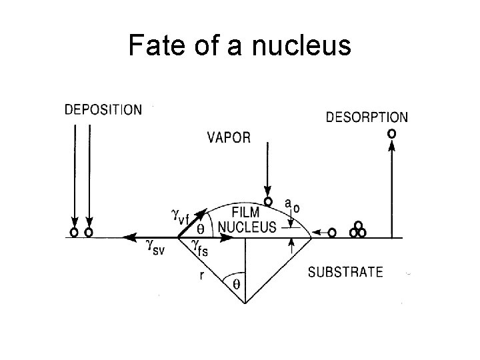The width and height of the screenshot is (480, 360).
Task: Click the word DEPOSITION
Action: (x=103, y=110)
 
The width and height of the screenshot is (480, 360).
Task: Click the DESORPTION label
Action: (x=366, y=117)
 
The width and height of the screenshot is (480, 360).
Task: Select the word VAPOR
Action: (x=229, y=138)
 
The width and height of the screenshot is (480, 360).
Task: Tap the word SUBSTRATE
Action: (x=345, y=272)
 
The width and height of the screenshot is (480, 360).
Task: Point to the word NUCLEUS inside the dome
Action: (x=247, y=227)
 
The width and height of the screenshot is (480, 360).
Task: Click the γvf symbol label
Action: (x=182, y=215)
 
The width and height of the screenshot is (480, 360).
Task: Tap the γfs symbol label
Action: (x=200, y=247)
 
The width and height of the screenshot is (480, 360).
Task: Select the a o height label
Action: (x=291, y=203)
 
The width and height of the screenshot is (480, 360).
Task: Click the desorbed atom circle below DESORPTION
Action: (x=391, y=134)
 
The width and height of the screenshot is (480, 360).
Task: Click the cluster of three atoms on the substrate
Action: (x=357, y=231)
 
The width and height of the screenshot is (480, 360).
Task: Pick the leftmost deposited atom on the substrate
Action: (x=74, y=233)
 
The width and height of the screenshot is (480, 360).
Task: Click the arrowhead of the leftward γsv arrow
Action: (x=125, y=237)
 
